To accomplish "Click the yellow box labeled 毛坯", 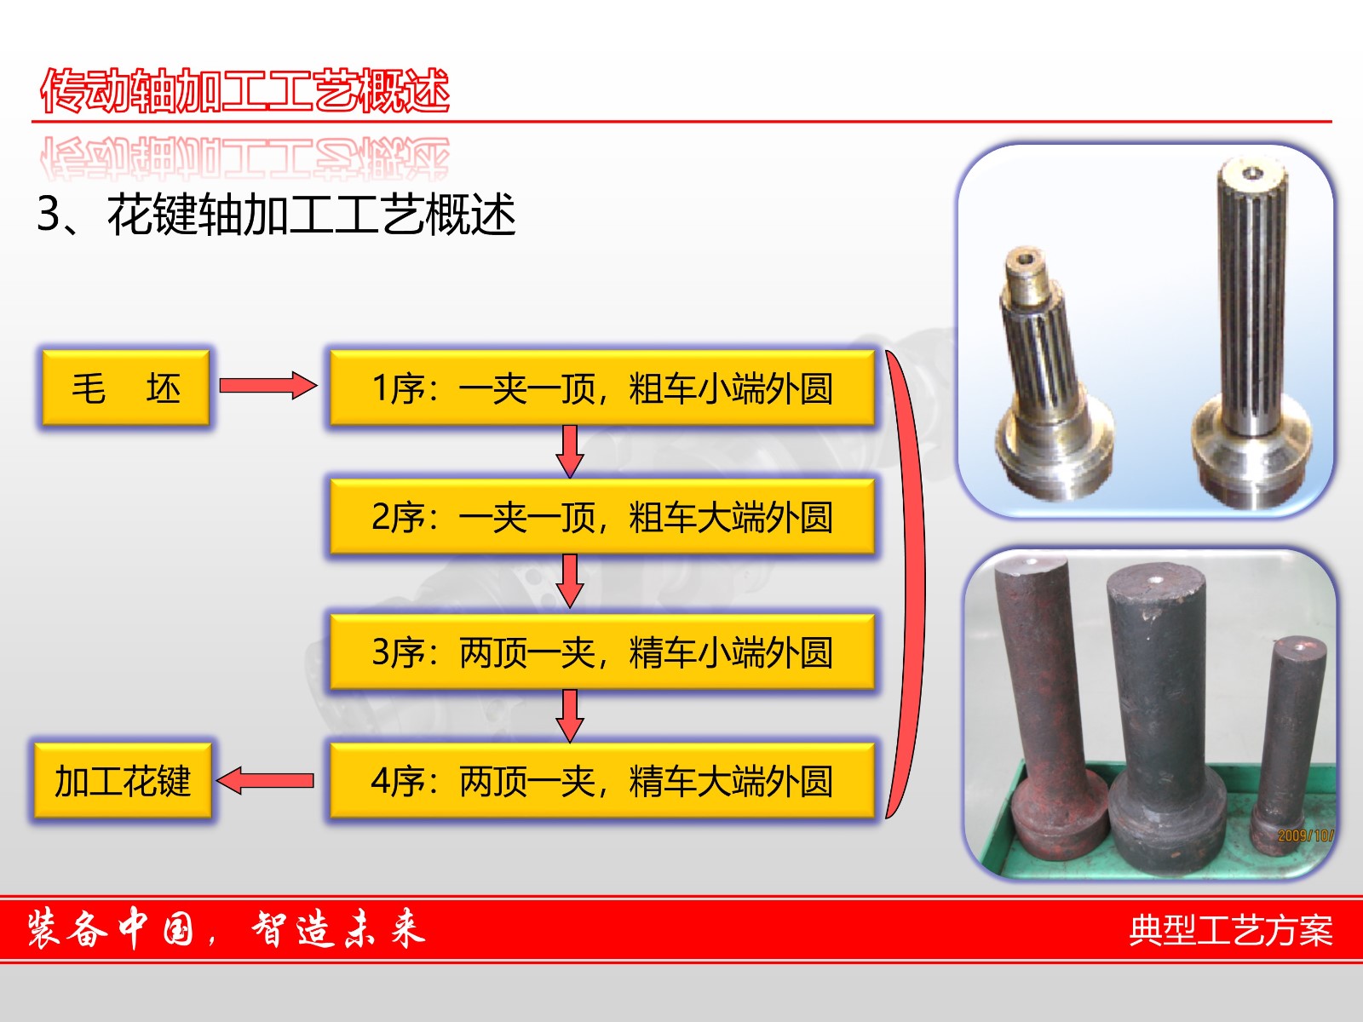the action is tap(125, 388).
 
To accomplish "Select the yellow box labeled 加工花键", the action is tap(123, 781).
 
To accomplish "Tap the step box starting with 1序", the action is tap(601, 388).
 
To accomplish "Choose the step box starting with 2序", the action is tap(601, 516).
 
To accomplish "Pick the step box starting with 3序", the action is tap(601, 652).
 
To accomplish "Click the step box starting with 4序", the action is tap(601, 781).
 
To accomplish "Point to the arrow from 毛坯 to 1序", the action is tap(268, 385).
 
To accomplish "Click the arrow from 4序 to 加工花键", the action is tap(265, 781).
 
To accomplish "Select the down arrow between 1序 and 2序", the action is tap(569, 451).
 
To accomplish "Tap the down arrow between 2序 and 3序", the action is tap(569, 581).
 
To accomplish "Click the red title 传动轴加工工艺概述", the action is tap(244, 90).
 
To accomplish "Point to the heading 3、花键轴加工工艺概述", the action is tap(276, 215).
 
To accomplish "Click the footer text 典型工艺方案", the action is tap(1231, 930).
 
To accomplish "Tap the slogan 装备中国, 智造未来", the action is tap(226, 929).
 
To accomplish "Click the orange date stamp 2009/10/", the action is tap(1305, 835).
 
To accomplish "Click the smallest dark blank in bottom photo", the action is tap(1289, 744).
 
